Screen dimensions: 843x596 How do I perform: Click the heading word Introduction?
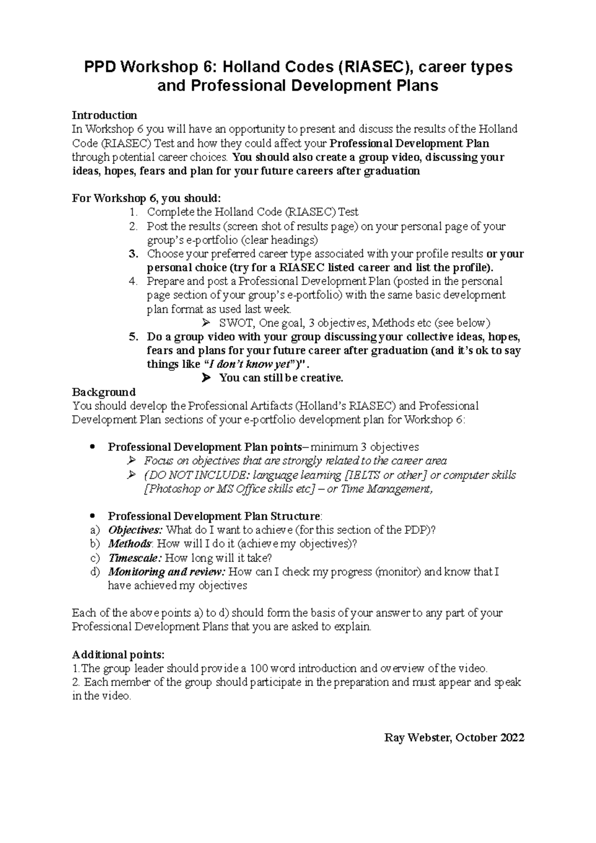point(104,115)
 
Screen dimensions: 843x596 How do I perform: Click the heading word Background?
point(104,392)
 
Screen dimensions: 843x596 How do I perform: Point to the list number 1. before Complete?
point(133,212)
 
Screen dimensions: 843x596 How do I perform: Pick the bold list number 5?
point(133,337)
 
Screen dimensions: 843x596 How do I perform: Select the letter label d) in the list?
point(96,572)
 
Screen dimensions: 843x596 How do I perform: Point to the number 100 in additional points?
point(259,668)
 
